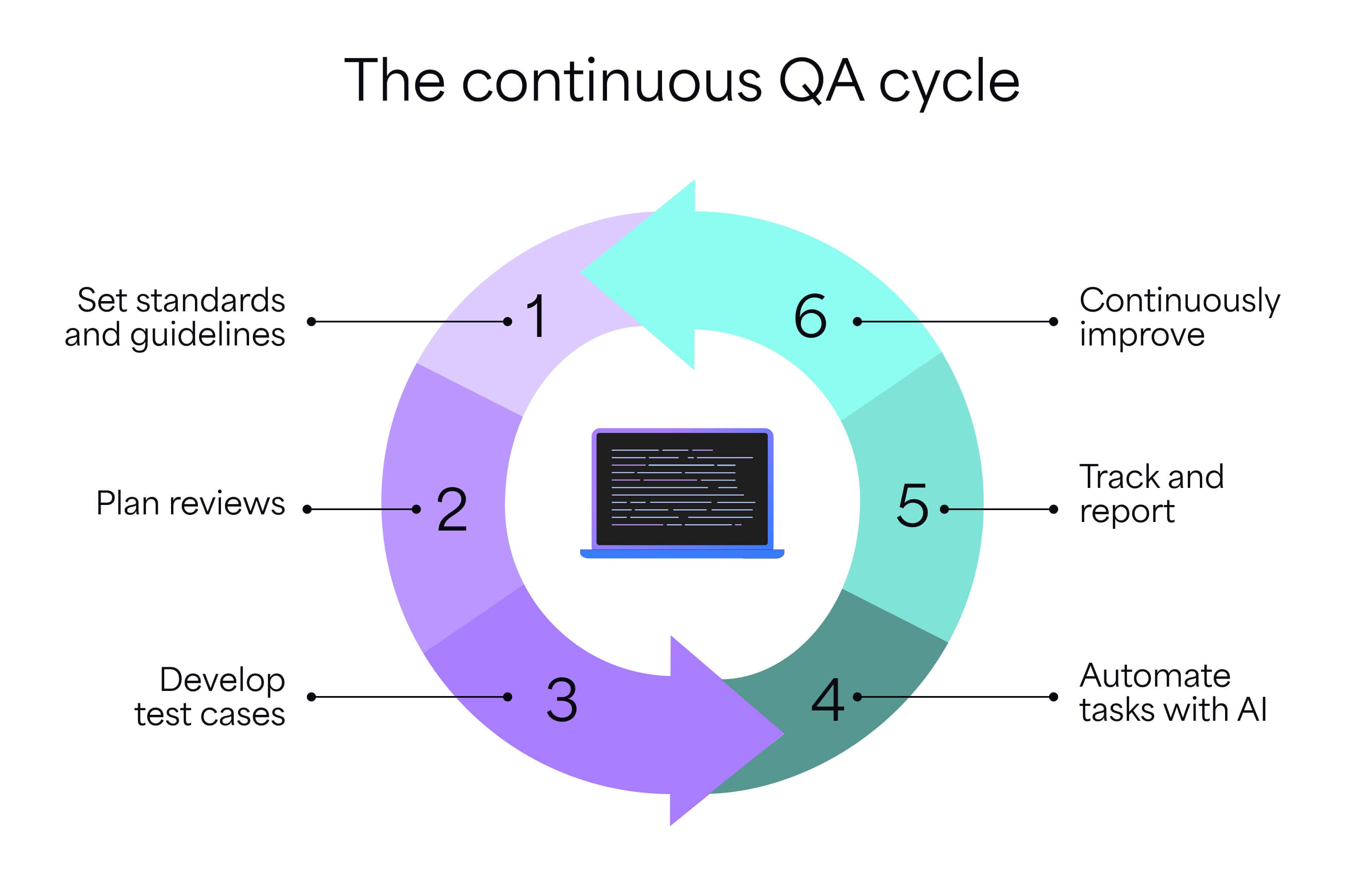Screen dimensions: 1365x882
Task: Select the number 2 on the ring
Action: [x=452, y=509]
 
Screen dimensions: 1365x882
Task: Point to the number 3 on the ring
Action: [x=561, y=699]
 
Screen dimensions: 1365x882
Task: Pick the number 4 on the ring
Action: [x=828, y=699]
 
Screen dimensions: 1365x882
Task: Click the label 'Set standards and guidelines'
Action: [x=175, y=317]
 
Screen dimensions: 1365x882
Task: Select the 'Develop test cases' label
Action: [x=209, y=696]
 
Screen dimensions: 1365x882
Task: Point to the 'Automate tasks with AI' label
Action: [x=1173, y=693]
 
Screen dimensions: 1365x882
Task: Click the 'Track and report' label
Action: [x=1151, y=494]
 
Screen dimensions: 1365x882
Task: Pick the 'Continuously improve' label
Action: [x=1179, y=317]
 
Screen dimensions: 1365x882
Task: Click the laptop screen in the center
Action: [x=682, y=488]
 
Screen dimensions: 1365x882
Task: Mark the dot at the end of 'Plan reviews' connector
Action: [x=307, y=509]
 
